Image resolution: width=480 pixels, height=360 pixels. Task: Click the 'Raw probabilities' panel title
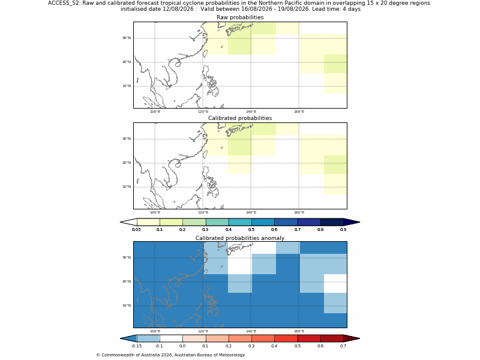tap(240, 17)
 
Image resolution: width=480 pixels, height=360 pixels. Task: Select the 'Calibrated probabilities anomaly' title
tap(240, 238)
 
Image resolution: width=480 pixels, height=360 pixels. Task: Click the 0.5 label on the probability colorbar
tap(251, 230)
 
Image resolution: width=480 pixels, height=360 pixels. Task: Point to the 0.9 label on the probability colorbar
tap(343, 230)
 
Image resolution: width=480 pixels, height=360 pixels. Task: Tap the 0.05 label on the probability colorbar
tap(136, 230)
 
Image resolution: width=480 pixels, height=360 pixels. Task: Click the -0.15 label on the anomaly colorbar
tap(136, 346)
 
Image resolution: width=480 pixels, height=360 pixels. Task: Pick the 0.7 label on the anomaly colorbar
tap(343, 346)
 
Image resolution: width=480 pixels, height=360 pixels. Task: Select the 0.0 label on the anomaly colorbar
tap(182, 346)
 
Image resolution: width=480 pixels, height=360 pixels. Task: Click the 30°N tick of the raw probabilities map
tap(127, 38)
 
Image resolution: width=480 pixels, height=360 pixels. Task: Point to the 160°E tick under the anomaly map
tap(299, 331)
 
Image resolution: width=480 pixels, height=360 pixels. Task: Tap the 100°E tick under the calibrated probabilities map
tap(155, 212)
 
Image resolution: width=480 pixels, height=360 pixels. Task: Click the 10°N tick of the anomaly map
tap(127, 305)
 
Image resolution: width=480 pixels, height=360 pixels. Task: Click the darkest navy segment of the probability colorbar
tap(332, 222)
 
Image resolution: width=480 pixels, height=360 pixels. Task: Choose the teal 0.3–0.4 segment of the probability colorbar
tap(217, 222)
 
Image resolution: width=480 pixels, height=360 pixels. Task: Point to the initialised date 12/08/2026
tap(179, 9)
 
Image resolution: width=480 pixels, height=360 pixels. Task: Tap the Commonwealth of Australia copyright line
tap(170, 355)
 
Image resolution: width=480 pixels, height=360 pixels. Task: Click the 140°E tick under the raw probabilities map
tap(251, 112)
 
